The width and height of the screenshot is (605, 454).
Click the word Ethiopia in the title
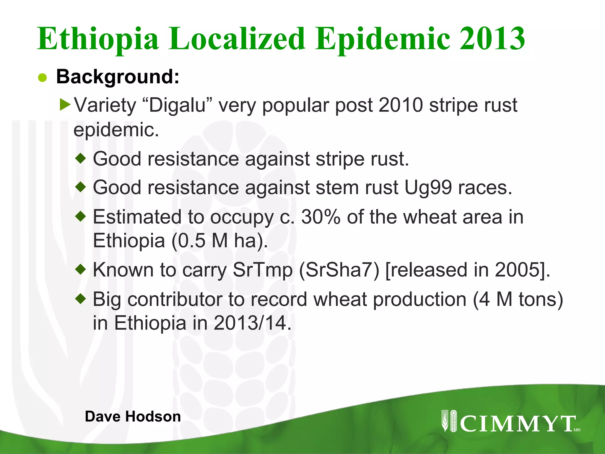tap(98, 39)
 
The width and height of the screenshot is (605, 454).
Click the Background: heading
tap(118, 77)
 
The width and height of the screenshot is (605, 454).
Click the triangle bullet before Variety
tap(65, 105)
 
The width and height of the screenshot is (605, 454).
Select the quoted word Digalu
tap(177, 105)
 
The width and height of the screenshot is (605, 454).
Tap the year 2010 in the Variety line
tap(400, 105)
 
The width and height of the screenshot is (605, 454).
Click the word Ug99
tap(428, 188)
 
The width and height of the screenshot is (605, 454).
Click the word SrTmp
tap(262, 270)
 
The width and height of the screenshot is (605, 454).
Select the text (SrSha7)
tap(339, 270)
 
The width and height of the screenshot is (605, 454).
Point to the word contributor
tap(174, 299)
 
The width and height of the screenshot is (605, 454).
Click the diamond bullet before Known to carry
tap(80, 269)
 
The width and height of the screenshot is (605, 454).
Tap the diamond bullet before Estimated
tap(80, 217)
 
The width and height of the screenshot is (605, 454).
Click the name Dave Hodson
tap(133, 416)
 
